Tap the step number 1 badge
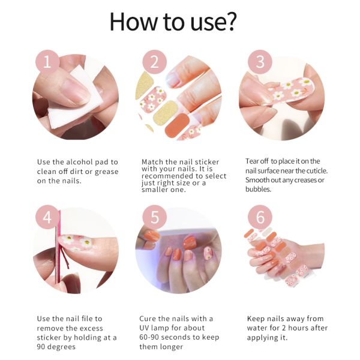point(47,62)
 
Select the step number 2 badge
point(154,62)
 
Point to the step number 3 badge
point(259,62)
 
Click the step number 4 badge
point(47,217)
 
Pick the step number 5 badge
point(154,217)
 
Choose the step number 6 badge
point(259,217)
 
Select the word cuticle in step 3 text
point(314,170)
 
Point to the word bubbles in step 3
point(259,189)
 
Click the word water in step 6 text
point(258,328)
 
